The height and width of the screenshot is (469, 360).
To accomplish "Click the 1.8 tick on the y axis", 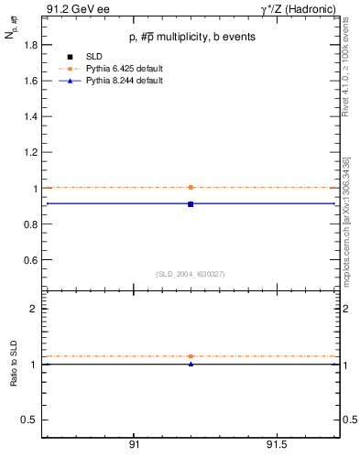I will pyautogui.click(x=30, y=45).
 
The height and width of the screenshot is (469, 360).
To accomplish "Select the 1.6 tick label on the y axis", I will pyautogui.click(x=30, y=81).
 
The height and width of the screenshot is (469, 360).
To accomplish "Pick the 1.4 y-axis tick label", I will pyautogui.click(x=30, y=116).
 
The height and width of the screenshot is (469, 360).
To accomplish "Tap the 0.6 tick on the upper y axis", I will pyautogui.click(x=30, y=260).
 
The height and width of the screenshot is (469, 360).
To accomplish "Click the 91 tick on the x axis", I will pyautogui.click(x=134, y=444).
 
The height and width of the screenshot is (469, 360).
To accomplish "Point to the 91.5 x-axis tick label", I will pyautogui.click(x=276, y=444).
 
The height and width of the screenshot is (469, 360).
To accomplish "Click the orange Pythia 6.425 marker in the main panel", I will pyautogui.click(x=191, y=187).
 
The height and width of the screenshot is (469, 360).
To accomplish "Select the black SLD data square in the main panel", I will pyautogui.click(x=191, y=203).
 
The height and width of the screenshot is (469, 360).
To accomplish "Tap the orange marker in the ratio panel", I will pyautogui.click(x=191, y=355).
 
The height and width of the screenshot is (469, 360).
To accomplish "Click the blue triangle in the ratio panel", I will pyautogui.click(x=191, y=364).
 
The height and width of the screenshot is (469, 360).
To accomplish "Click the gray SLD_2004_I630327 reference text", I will pyautogui.click(x=191, y=274).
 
